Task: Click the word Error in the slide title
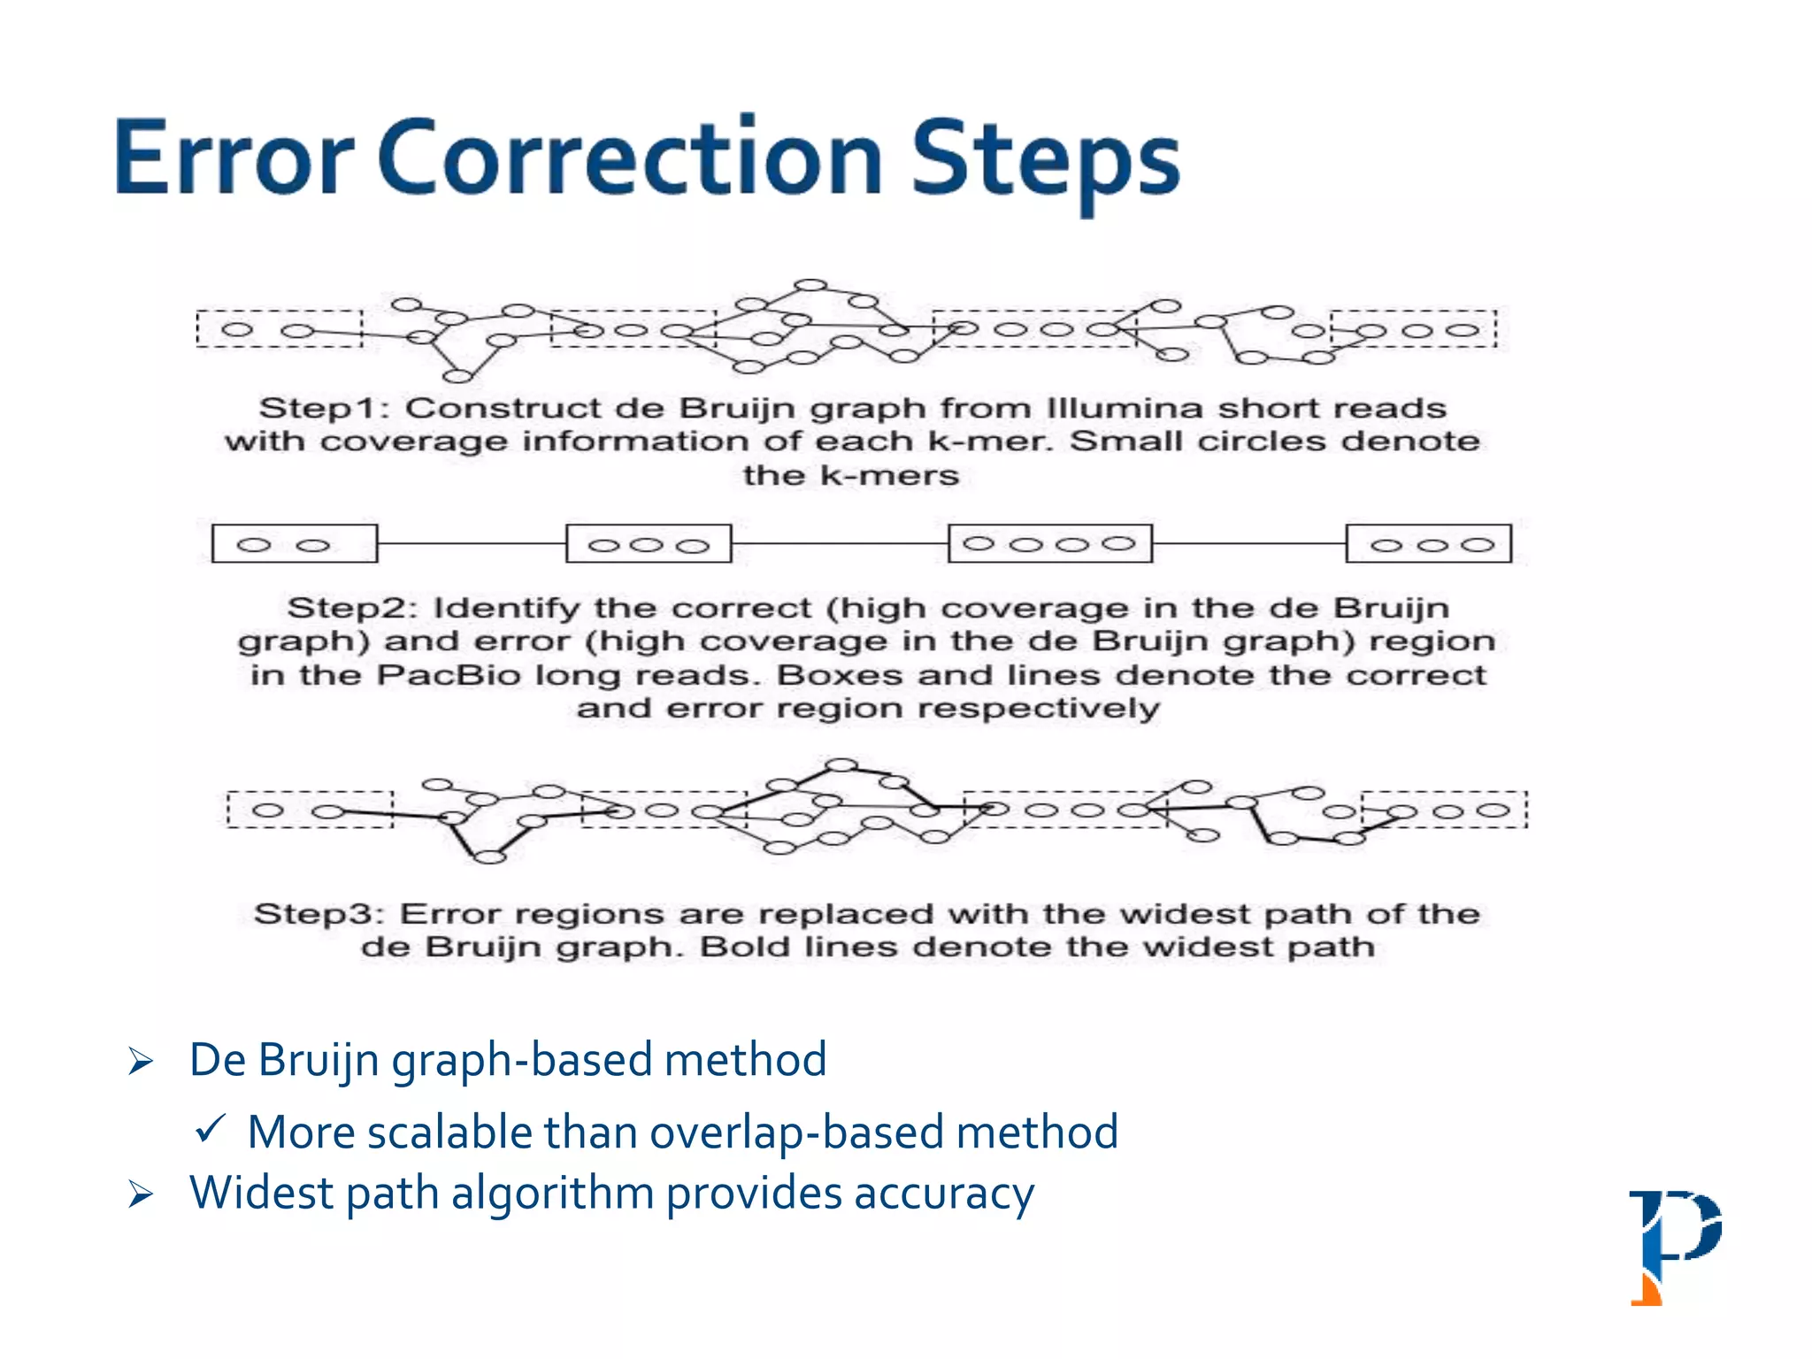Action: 234,159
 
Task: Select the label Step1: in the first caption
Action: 324,409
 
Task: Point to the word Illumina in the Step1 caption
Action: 1125,409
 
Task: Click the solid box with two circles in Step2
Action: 295,543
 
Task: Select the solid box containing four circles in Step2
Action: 1050,543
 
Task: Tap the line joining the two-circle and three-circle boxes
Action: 472,543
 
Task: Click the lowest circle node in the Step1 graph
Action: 457,376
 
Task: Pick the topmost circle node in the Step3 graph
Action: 841,765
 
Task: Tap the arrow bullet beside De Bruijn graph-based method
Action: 141,1060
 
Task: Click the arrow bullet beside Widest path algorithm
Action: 141,1194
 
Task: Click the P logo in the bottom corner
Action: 1674,1246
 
